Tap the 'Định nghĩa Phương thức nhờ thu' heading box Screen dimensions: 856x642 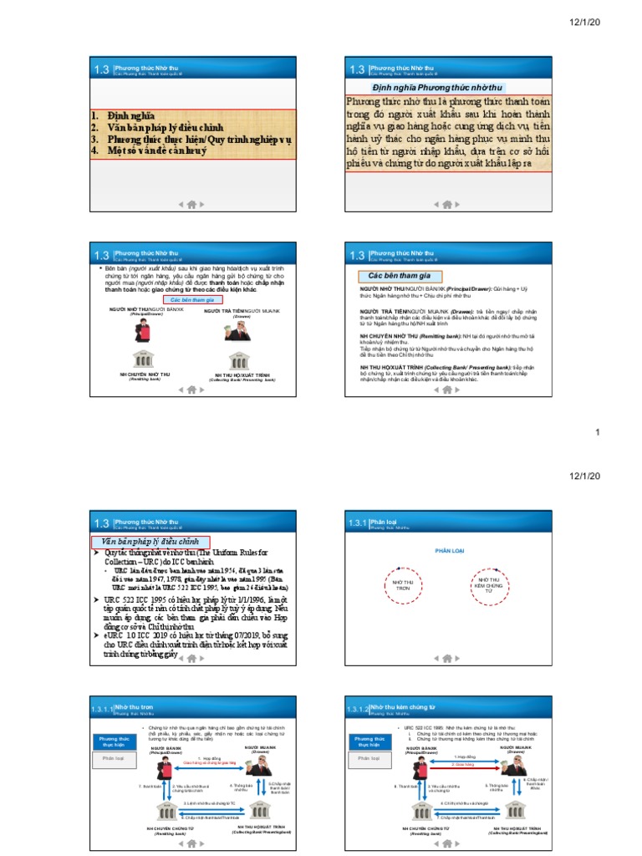click(x=436, y=87)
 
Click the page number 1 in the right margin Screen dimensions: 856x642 click(x=598, y=432)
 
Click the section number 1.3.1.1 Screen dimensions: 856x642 click(x=104, y=709)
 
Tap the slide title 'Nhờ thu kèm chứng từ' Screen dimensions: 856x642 click(x=400, y=706)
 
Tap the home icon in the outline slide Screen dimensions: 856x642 click(x=191, y=203)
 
